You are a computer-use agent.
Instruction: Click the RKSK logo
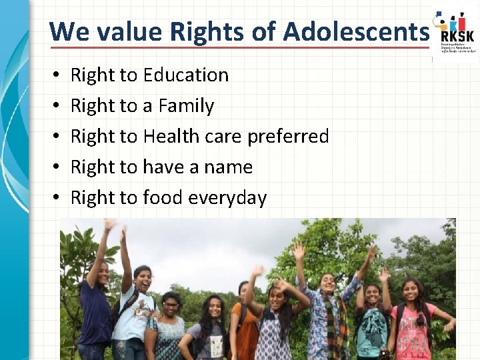point(455,33)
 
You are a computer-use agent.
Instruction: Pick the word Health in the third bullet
point(171,137)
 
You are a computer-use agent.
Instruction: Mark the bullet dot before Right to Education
point(53,75)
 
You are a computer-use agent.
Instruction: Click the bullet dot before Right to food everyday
point(53,198)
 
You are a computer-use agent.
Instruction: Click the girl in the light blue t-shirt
point(137,313)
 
